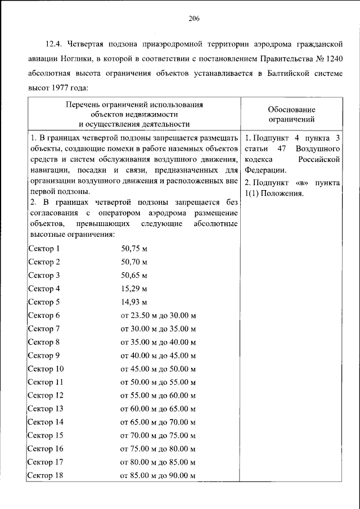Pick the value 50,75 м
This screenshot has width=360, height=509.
coord(134,249)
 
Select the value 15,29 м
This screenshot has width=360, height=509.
coord(134,289)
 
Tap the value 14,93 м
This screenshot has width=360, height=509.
coord(134,303)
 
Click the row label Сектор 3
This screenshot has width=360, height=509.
coord(43,276)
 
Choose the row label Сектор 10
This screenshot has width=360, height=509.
coord(46,369)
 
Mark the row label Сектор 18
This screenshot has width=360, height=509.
coord(46,476)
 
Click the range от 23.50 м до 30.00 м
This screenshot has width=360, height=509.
coord(158,316)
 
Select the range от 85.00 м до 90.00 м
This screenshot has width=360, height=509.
coord(158,476)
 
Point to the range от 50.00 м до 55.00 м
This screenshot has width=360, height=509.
coord(158,382)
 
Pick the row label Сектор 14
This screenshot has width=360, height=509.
coord(46,422)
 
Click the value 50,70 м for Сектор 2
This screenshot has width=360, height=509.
coord(134,262)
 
